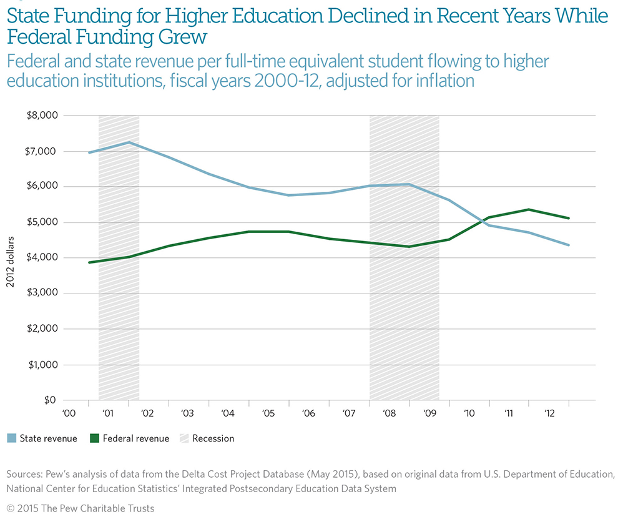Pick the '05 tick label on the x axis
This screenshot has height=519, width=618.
(269, 413)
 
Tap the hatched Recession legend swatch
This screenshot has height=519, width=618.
(182, 438)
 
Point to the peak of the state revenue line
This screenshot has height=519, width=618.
(129, 142)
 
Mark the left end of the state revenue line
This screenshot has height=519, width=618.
(89, 152)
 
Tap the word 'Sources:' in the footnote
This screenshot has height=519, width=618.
(25, 475)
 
